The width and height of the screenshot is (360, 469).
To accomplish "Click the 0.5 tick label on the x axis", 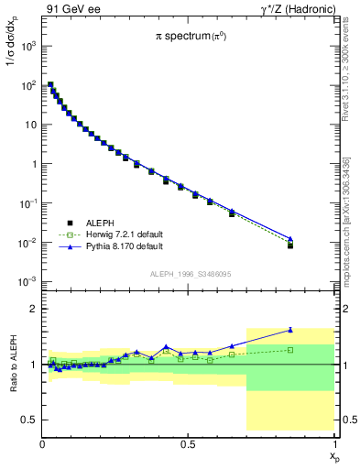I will (x=188, y=443).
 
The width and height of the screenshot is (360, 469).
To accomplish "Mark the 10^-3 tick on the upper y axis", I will (x=27, y=281).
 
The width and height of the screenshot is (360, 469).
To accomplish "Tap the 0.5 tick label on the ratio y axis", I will (x=28, y=420).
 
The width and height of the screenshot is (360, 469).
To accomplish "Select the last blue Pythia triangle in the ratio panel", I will (x=290, y=330).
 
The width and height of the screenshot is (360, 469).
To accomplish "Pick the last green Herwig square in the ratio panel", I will (x=290, y=350).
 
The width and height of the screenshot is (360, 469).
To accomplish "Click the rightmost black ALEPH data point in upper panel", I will (x=290, y=245).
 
